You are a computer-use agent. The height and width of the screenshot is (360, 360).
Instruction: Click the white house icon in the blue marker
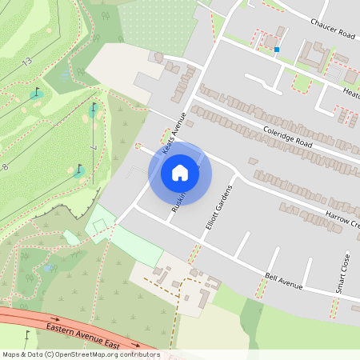180,172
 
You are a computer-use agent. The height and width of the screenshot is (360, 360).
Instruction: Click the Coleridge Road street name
286,130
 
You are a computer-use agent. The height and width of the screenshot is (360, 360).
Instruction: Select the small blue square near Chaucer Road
277,50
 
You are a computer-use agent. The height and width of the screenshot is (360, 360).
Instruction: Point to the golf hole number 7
94,149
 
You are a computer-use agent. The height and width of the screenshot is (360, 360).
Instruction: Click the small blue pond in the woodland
48,268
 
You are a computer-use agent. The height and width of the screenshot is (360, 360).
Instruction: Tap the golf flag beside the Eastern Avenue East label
27,334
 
